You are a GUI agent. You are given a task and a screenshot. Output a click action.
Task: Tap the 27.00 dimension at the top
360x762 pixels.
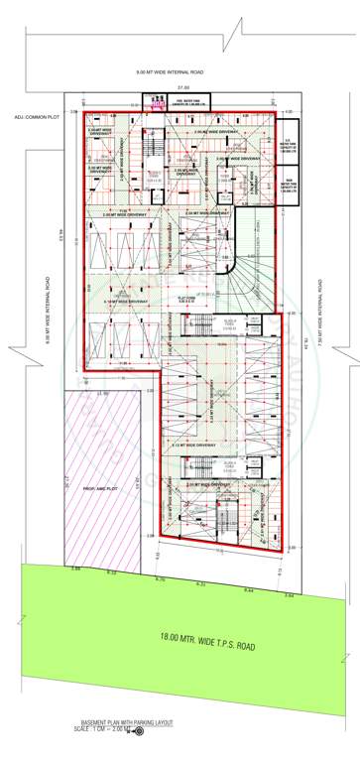pyautogui.click(x=181, y=87)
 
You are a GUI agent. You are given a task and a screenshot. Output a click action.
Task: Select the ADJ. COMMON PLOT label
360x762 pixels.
pyautogui.click(x=31, y=118)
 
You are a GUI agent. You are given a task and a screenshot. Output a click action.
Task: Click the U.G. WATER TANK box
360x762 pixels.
pyautogui.click(x=291, y=147)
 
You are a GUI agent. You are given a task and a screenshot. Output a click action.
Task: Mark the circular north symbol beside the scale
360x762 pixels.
pyautogui.click(x=138, y=730)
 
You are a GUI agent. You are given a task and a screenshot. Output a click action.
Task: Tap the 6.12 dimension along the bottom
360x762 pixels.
pyautogui.click(x=111, y=572)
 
